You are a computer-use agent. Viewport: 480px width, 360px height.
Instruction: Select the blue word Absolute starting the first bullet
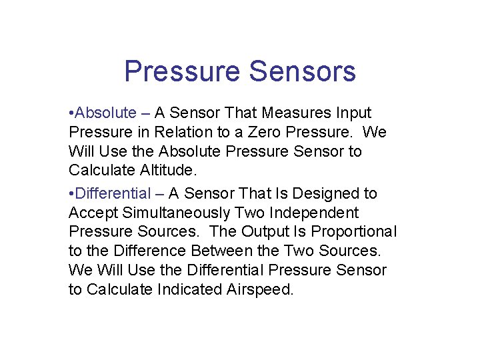[x=106, y=113]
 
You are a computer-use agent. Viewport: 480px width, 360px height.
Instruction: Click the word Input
[x=354, y=113]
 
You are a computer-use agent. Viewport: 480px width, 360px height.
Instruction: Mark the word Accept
[x=93, y=213]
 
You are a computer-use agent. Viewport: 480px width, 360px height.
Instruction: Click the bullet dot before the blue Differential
[x=71, y=194]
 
